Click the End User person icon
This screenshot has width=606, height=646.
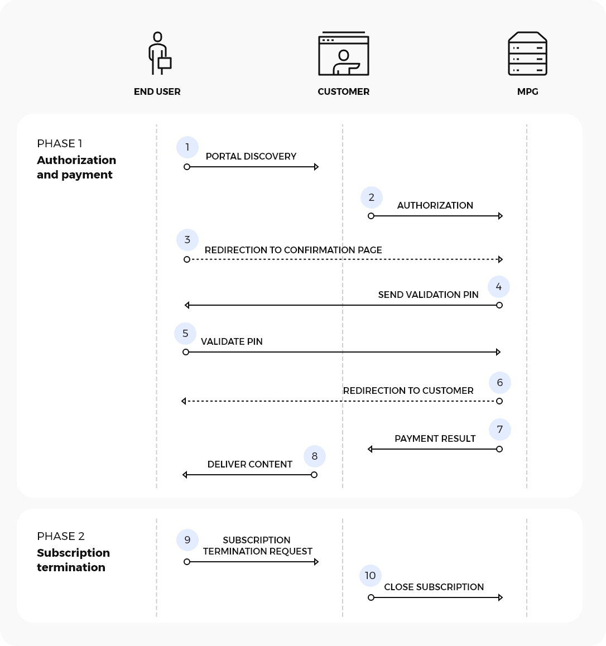click(x=158, y=54)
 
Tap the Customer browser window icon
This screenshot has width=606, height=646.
click(x=343, y=55)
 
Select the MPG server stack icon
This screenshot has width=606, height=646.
click(x=527, y=54)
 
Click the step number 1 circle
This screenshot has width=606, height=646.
click(x=187, y=147)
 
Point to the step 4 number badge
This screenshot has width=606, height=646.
click(x=499, y=287)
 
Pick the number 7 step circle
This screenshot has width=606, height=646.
click(x=499, y=430)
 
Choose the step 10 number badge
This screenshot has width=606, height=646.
click(x=371, y=576)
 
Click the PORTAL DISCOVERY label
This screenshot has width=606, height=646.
click(x=251, y=156)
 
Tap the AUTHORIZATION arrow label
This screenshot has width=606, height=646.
click(x=435, y=205)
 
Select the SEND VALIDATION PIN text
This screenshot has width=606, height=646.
click(x=428, y=295)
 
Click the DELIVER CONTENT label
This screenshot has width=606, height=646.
click(x=250, y=464)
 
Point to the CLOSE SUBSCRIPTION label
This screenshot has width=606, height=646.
click(x=434, y=587)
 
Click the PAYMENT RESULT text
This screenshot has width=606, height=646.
click(x=435, y=438)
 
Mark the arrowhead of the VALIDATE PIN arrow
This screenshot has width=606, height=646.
click(x=498, y=352)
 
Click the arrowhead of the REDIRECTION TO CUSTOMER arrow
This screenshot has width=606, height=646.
click(x=184, y=401)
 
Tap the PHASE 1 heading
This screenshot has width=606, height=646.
click(x=60, y=143)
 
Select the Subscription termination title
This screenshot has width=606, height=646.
click(x=73, y=560)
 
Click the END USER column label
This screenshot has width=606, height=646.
click(x=157, y=91)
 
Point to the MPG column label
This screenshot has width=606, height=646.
click(x=527, y=91)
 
